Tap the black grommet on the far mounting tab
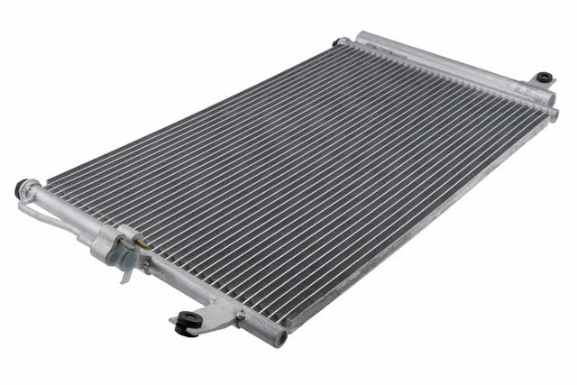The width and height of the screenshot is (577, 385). point(545,78)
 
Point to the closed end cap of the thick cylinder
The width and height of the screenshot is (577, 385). point(362,38)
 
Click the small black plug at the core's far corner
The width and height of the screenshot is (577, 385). point(339,41)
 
